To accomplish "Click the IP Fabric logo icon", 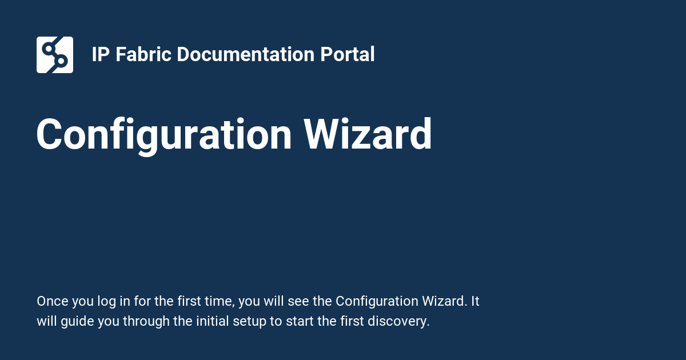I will point(55,55).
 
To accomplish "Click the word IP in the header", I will point(100,55).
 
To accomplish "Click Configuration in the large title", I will point(164,135).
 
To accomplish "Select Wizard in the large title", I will point(368,135).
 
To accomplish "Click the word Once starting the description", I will point(51,302).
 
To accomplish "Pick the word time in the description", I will point(219,302).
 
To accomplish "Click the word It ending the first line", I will point(474,302).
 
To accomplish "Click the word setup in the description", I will point(250,321).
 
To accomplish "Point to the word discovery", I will point(403,321).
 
